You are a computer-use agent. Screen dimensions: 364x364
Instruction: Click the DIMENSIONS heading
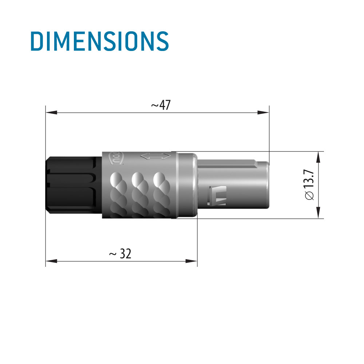coord(100,41)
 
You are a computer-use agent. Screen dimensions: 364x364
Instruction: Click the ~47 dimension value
coord(161,105)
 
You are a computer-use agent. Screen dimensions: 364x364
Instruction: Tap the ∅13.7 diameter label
coord(309,185)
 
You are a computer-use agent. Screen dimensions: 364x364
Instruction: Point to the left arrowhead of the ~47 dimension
coord(51,112)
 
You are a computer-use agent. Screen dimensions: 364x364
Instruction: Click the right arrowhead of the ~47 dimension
coord(263,112)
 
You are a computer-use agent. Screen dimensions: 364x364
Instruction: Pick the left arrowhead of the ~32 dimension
coord(51,261)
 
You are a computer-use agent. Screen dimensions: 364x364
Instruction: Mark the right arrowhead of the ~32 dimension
coord(191,261)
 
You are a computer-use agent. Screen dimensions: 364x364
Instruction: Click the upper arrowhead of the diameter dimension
coord(318,157)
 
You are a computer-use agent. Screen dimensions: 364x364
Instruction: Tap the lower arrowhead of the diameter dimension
coord(318,213)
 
